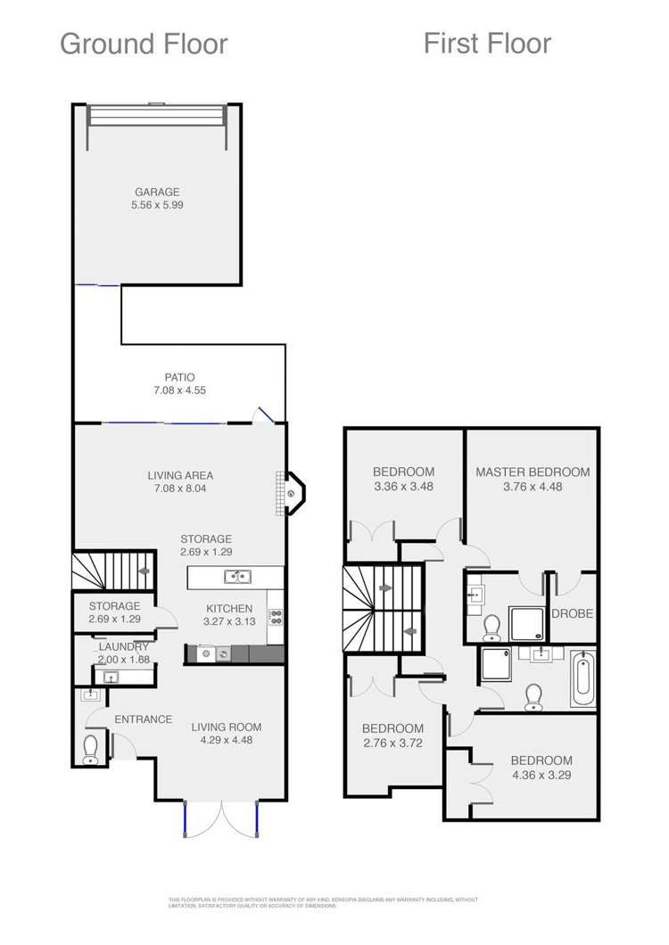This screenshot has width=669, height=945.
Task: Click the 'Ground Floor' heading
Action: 144,44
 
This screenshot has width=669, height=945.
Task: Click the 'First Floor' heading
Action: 487,43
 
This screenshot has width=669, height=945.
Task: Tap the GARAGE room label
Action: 157,192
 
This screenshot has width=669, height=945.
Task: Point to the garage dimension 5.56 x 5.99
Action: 157,205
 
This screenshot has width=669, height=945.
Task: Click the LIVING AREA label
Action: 180,475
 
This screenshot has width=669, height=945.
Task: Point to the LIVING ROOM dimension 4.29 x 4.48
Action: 227,741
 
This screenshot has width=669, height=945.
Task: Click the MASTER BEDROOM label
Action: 533,472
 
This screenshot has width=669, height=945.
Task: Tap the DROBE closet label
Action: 573,614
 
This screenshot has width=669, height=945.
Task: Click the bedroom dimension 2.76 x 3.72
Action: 392,742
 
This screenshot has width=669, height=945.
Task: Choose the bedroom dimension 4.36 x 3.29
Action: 541,774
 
